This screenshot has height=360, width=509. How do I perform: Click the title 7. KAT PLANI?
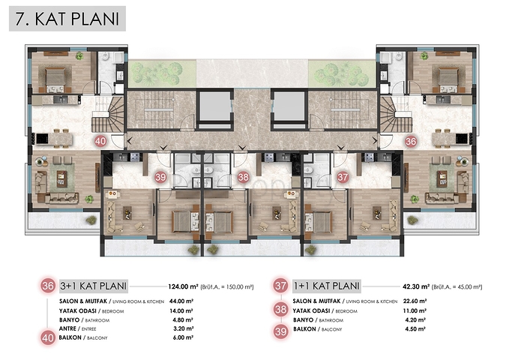(67, 19)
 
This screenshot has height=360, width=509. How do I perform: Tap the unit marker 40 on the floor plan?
(100, 140)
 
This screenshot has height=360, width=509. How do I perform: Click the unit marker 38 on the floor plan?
(243, 178)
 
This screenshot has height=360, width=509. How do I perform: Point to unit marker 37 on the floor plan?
(342, 178)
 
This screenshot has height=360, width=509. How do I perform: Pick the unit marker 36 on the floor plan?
(410, 140)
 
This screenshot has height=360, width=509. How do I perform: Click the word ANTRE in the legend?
(69, 328)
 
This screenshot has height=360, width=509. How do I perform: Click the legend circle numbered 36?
(49, 286)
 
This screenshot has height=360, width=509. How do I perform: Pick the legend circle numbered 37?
(281, 286)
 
